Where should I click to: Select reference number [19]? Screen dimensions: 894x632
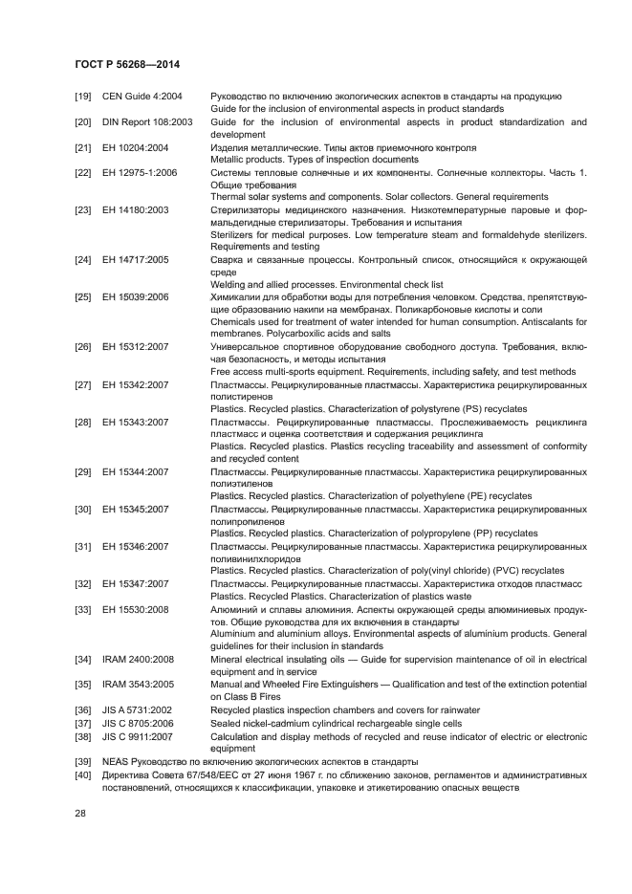pyautogui.click(x=83, y=97)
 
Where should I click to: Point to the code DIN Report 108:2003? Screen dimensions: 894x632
pyautogui.click(x=148, y=121)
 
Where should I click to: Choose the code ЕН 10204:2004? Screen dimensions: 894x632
pyautogui.click(x=136, y=147)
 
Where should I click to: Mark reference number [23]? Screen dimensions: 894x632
pyautogui.click(x=83, y=209)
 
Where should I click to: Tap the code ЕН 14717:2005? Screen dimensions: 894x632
pyautogui.click(x=136, y=259)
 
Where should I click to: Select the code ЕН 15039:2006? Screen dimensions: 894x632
pyautogui.click(x=136, y=296)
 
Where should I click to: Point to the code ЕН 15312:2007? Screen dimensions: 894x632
pyautogui.click(x=136, y=346)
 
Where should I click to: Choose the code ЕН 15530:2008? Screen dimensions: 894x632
pyautogui.click(x=136, y=608)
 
